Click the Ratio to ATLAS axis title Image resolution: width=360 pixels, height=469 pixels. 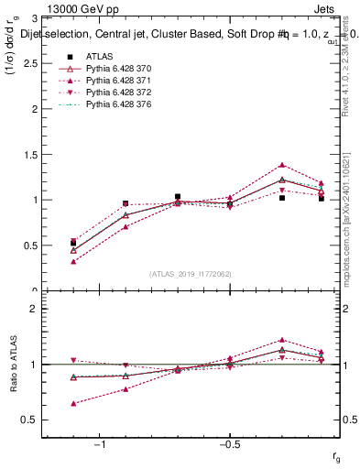pyautogui.click(x=16, y=364)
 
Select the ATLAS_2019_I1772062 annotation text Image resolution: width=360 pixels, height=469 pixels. pyautogui.click(x=191, y=274)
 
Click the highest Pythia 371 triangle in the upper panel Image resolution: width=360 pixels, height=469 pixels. pyautogui.click(x=282, y=165)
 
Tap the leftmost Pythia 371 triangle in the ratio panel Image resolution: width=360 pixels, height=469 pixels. pyautogui.click(x=73, y=403)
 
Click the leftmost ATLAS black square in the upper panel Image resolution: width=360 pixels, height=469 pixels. pyautogui.click(x=73, y=244)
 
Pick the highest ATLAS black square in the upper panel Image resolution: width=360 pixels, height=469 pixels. pyautogui.click(x=178, y=196)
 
